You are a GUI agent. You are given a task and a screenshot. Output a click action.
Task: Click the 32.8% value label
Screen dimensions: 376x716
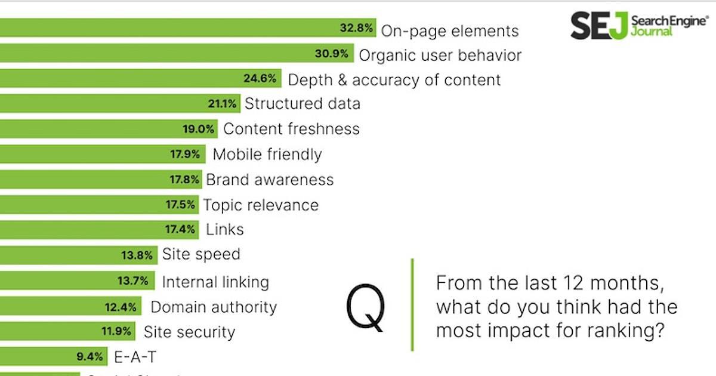click(357, 28)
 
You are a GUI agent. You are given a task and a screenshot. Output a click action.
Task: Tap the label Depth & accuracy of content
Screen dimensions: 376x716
click(394, 80)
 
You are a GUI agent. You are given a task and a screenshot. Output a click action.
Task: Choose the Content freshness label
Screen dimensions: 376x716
click(291, 129)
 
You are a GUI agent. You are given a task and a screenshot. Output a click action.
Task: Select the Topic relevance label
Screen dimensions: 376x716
click(261, 205)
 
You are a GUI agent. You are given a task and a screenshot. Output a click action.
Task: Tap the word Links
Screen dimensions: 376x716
click(225, 229)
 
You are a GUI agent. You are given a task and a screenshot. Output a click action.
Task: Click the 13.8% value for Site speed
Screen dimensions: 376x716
click(137, 255)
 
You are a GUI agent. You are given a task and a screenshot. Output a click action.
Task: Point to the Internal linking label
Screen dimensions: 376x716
click(215, 282)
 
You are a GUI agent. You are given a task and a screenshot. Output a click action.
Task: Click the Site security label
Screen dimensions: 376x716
click(190, 332)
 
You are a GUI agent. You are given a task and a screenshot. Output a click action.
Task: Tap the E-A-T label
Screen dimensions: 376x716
click(135, 357)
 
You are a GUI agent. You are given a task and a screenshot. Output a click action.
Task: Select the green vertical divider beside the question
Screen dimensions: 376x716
click(412, 304)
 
